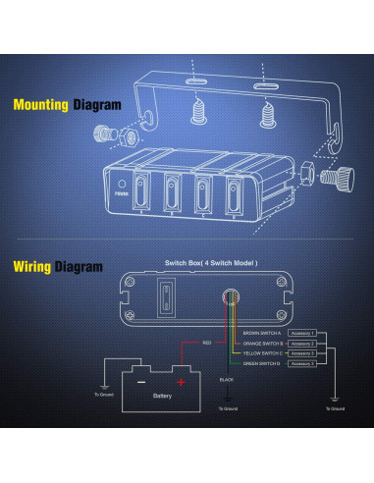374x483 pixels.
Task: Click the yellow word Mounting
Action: pyautogui.click(x=40, y=104)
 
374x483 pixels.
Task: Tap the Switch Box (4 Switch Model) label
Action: pyautogui.click(x=211, y=265)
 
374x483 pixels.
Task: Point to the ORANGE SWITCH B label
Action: pyautogui.click(x=262, y=344)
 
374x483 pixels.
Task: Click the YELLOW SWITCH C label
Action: pyautogui.click(x=262, y=353)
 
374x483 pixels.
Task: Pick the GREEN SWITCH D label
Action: pyautogui.click(x=262, y=363)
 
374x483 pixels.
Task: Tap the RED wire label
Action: pyautogui.click(x=206, y=343)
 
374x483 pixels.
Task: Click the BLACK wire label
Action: pyautogui.click(x=227, y=378)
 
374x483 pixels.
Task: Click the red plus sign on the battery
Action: pyautogui.click(x=180, y=382)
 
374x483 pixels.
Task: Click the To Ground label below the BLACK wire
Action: pyautogui.click(x=227, y=406)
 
